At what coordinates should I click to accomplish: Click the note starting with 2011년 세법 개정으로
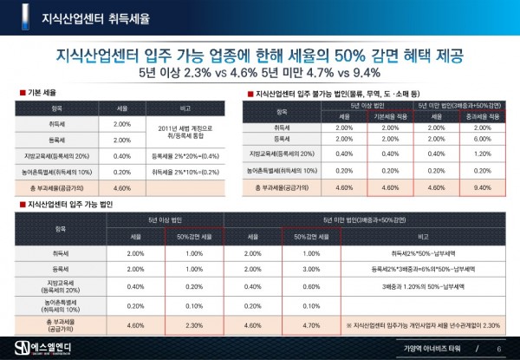186,130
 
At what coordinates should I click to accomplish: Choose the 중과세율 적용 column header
482,115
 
